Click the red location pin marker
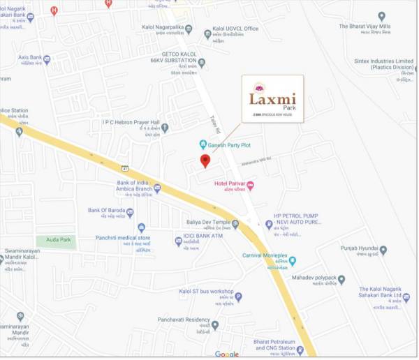point(205,161)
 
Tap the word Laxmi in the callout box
point(273,100)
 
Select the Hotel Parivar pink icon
point(250,185)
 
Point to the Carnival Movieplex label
point(265,256)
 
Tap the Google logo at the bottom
point(226,354)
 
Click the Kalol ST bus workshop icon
point(238,297)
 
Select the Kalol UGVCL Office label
point(236,29)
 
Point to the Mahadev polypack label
point(309,278)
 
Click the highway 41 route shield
point(124,168)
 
